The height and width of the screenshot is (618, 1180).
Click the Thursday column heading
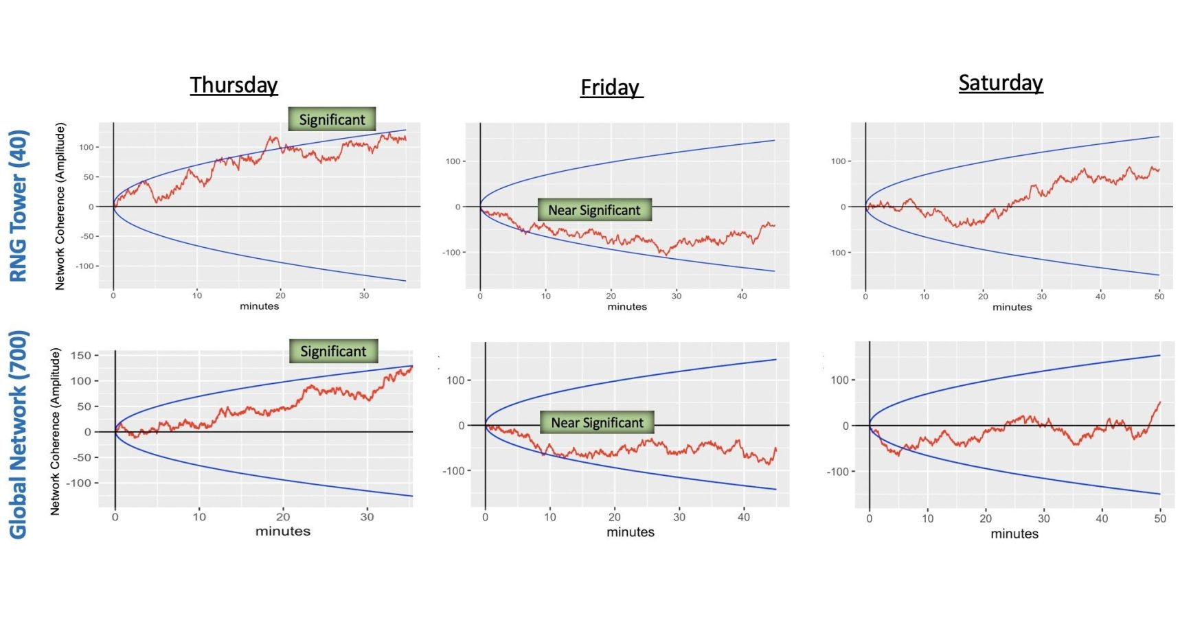point(234,85)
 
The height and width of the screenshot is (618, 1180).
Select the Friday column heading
point(610,88)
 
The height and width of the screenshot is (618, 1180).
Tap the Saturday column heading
point(1001,83)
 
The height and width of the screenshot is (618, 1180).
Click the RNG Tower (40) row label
point(19,206)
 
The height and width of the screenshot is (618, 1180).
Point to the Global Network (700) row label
point(19,435)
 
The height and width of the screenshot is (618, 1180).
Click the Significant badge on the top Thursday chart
point(332,119)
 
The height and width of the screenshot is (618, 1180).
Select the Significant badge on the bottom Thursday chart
point(333,352)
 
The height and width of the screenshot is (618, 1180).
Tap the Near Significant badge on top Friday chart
point(594,210)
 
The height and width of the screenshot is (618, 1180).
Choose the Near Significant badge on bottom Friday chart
point(597,423)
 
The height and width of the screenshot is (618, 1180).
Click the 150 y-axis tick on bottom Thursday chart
point(80,355)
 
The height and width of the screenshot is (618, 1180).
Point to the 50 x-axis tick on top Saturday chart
point(1159,296)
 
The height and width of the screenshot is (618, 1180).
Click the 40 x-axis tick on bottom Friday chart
point(744,517)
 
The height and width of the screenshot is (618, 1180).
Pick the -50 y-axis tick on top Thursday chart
point(87,236)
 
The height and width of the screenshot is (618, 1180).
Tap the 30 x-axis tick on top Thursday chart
point(364,295)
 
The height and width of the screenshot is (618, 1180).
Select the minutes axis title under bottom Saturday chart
point(1014,534)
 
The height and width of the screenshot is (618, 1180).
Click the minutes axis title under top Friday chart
point(627,307)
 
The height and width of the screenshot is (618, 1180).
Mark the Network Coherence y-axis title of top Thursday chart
point(60,206)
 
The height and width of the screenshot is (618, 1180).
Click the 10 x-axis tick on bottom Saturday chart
point(927,518)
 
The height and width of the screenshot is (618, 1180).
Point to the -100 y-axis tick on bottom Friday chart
point(453,471)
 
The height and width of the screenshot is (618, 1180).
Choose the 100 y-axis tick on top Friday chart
point(453,161)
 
